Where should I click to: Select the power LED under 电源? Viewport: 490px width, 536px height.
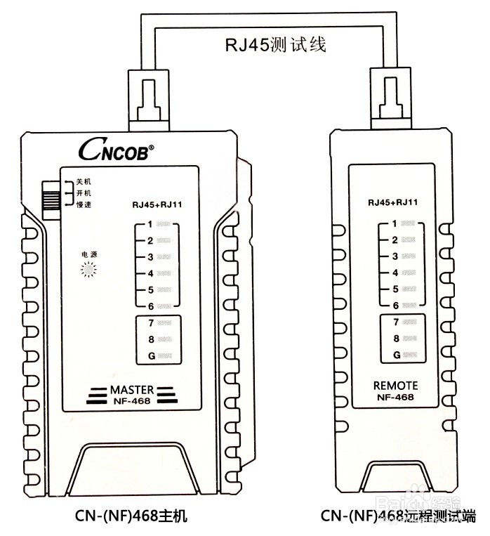[88, 269]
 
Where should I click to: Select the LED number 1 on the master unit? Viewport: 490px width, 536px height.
[163, 225]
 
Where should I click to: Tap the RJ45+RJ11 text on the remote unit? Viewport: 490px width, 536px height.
[393, 202]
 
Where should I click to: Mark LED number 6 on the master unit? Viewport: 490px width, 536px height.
[163, 306]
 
